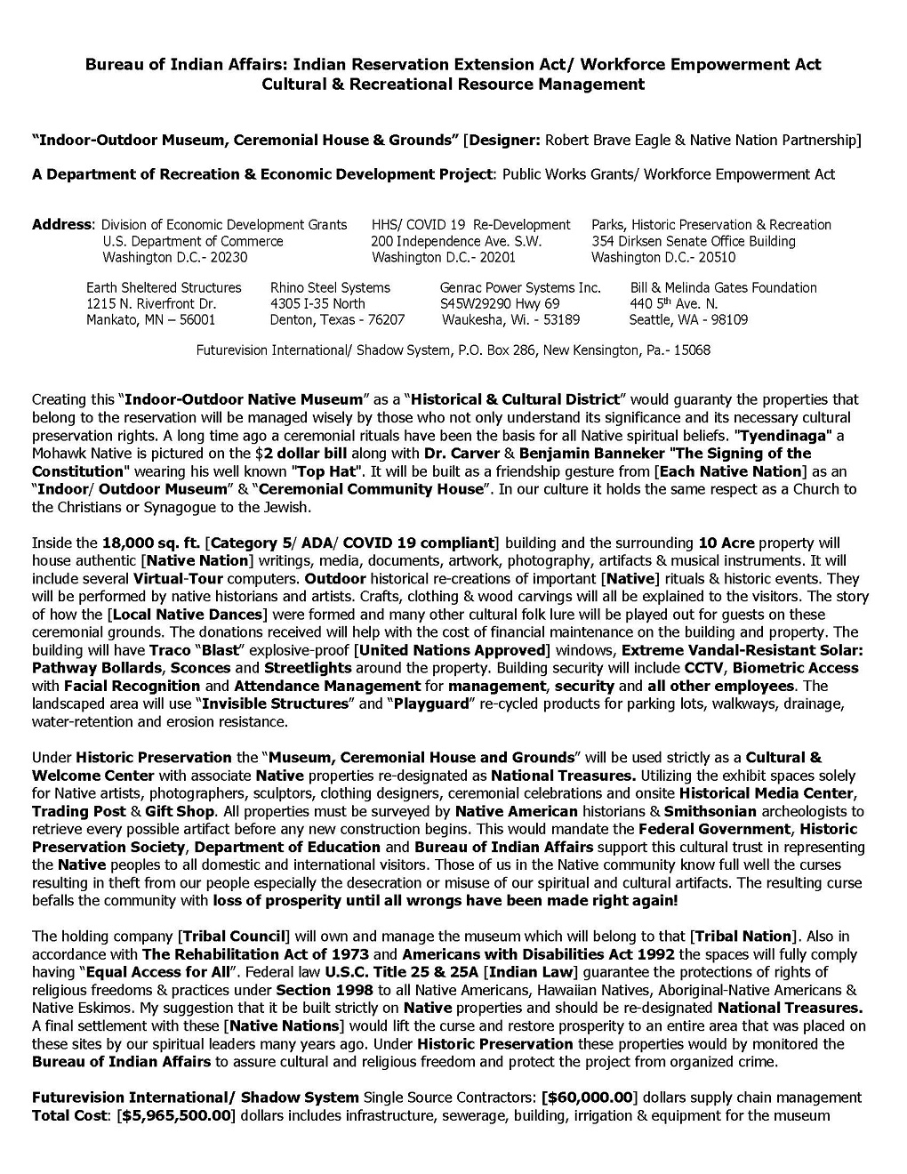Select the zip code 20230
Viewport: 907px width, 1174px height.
(228, 257)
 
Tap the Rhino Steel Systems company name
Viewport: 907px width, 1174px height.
(330, 287)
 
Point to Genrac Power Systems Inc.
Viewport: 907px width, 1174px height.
(520, 287)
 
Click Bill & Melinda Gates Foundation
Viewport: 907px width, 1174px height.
(723, 287)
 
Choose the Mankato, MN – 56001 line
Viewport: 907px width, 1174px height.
(150, 319)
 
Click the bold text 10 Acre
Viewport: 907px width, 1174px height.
(726, 543)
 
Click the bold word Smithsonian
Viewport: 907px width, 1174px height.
(710, 811)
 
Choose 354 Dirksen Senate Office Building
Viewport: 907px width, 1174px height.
(694, 241)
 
